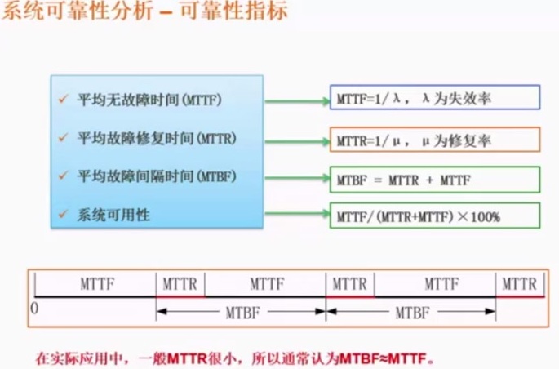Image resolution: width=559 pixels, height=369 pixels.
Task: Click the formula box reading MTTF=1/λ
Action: coord(435,98)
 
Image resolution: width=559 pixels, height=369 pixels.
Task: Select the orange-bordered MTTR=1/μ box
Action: coord(435,140)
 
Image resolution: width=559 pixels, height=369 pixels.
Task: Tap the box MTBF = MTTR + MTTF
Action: coord(435,179)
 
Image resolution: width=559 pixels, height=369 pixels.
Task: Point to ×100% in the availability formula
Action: coord(481,216)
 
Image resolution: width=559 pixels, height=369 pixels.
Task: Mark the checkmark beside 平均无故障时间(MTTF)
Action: coord(63,100)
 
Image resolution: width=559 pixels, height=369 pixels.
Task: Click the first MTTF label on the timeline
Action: coord(95,284)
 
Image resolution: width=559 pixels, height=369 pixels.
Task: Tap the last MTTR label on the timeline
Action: coord(519,284)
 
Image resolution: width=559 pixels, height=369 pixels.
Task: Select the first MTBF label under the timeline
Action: coord(241,311)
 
